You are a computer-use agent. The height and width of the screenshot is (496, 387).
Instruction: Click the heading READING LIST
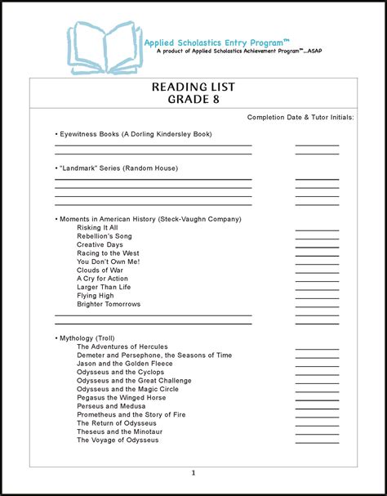tap(193, 87)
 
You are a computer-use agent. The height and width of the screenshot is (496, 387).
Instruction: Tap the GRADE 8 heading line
tap(193, 101)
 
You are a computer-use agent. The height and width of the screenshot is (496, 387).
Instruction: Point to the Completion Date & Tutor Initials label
tap(300, 118)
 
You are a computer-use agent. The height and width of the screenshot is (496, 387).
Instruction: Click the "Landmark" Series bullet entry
tap(118, 168)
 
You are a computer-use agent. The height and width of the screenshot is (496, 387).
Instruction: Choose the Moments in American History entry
tap(150, 219)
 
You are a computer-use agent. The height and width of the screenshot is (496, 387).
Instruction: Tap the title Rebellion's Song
tap(105, 236)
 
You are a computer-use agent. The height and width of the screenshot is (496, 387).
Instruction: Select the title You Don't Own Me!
tap(109, 261)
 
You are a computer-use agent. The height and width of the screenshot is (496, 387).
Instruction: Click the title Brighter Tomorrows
tap(109, 304)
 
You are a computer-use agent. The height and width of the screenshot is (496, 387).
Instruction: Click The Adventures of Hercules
tap(127, 346)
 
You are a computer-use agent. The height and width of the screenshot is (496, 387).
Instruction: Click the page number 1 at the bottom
tap(193, 473)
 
